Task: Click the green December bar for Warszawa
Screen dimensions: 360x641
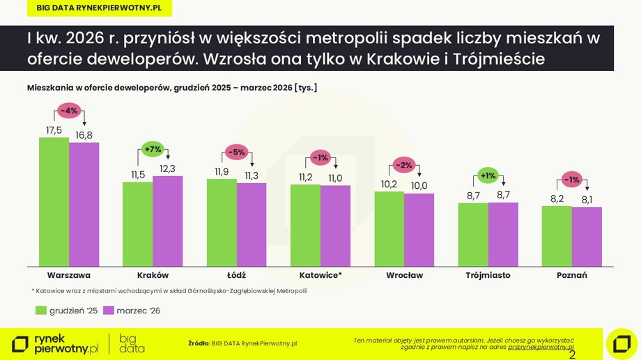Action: (x=54, y=201)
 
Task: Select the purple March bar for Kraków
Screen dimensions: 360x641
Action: (x=167, y=221)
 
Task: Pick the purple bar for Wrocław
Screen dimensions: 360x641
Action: (x=419, y=229)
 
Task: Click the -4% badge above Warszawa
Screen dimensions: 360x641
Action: (x=69, y=111)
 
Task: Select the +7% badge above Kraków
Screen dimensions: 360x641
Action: (x=153, y=149)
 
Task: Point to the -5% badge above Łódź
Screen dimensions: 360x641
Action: (x=237, y=152)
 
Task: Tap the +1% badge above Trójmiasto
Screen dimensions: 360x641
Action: (x=488, y=175)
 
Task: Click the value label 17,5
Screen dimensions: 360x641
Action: (x=54, y=130)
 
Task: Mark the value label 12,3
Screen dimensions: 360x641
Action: (x=168, y=169)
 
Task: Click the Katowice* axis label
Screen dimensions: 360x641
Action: (x=320, y=275)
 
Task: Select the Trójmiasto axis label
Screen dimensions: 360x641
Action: (x=488, y=275)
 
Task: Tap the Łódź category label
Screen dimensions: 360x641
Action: (x=236, y=275)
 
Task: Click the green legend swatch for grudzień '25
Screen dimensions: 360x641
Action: (x=40, y=310)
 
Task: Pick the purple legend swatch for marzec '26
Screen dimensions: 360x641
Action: (x=109, y=310)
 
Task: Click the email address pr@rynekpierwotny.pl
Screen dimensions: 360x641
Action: (x=541, y=347)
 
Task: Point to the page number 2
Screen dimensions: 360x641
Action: (x=573, y=355)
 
